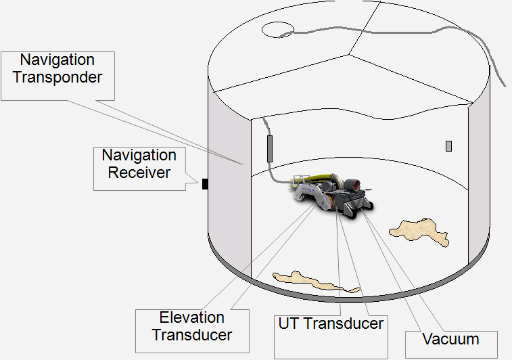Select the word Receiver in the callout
coord(139,173)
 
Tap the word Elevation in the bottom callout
coord(191,317)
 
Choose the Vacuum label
coord(450,339)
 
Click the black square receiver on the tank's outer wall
coord(204,183)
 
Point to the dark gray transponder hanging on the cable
coord(269,148)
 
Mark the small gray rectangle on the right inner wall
coord(448,145)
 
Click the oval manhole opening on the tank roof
coord(277,29)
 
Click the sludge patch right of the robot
coord(420,231)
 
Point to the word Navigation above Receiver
coord(139,156)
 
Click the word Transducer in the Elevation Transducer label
coord(191,334)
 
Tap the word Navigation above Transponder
coord(57,60)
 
